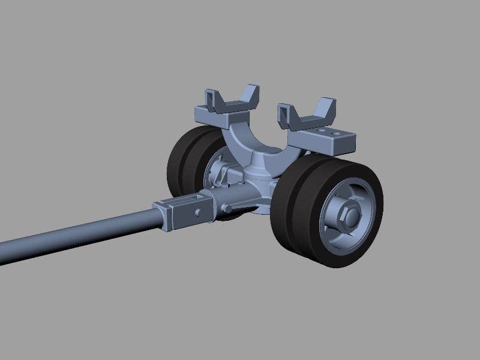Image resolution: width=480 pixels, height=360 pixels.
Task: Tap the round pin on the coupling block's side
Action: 197,213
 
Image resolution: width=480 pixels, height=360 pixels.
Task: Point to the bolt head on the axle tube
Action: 227,208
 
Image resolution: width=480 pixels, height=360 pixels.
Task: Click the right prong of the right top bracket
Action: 327,108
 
